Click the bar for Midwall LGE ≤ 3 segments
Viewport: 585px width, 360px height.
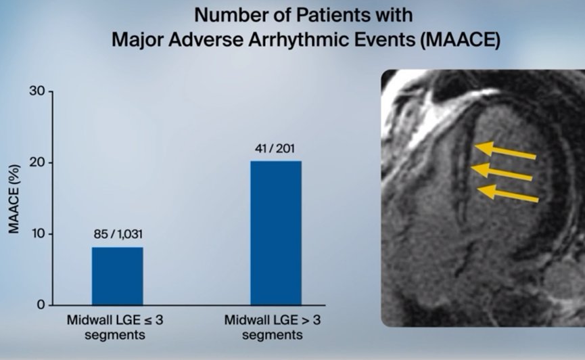click(118, 276)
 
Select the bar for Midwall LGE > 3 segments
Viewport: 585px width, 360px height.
click(276, 233)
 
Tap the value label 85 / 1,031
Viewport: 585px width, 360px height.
click(118, 234)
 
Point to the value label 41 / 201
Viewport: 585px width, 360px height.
click(275, 149)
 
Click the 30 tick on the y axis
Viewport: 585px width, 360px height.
click(37, 91)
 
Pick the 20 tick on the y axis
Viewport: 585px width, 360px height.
click(37, 163)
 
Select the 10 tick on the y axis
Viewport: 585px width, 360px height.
click(37, 233)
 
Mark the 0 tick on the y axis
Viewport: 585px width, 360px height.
click(41, 305)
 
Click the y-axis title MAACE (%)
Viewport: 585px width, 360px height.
click(14, 199)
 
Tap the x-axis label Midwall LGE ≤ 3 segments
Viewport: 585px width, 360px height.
click(115, 327)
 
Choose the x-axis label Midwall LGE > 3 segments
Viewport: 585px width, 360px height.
click(273, 327)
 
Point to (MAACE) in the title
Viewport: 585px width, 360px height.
click(460, 40)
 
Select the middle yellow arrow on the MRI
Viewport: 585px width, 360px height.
click(501, 172)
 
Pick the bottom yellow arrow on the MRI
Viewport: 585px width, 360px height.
click(508, 194)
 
